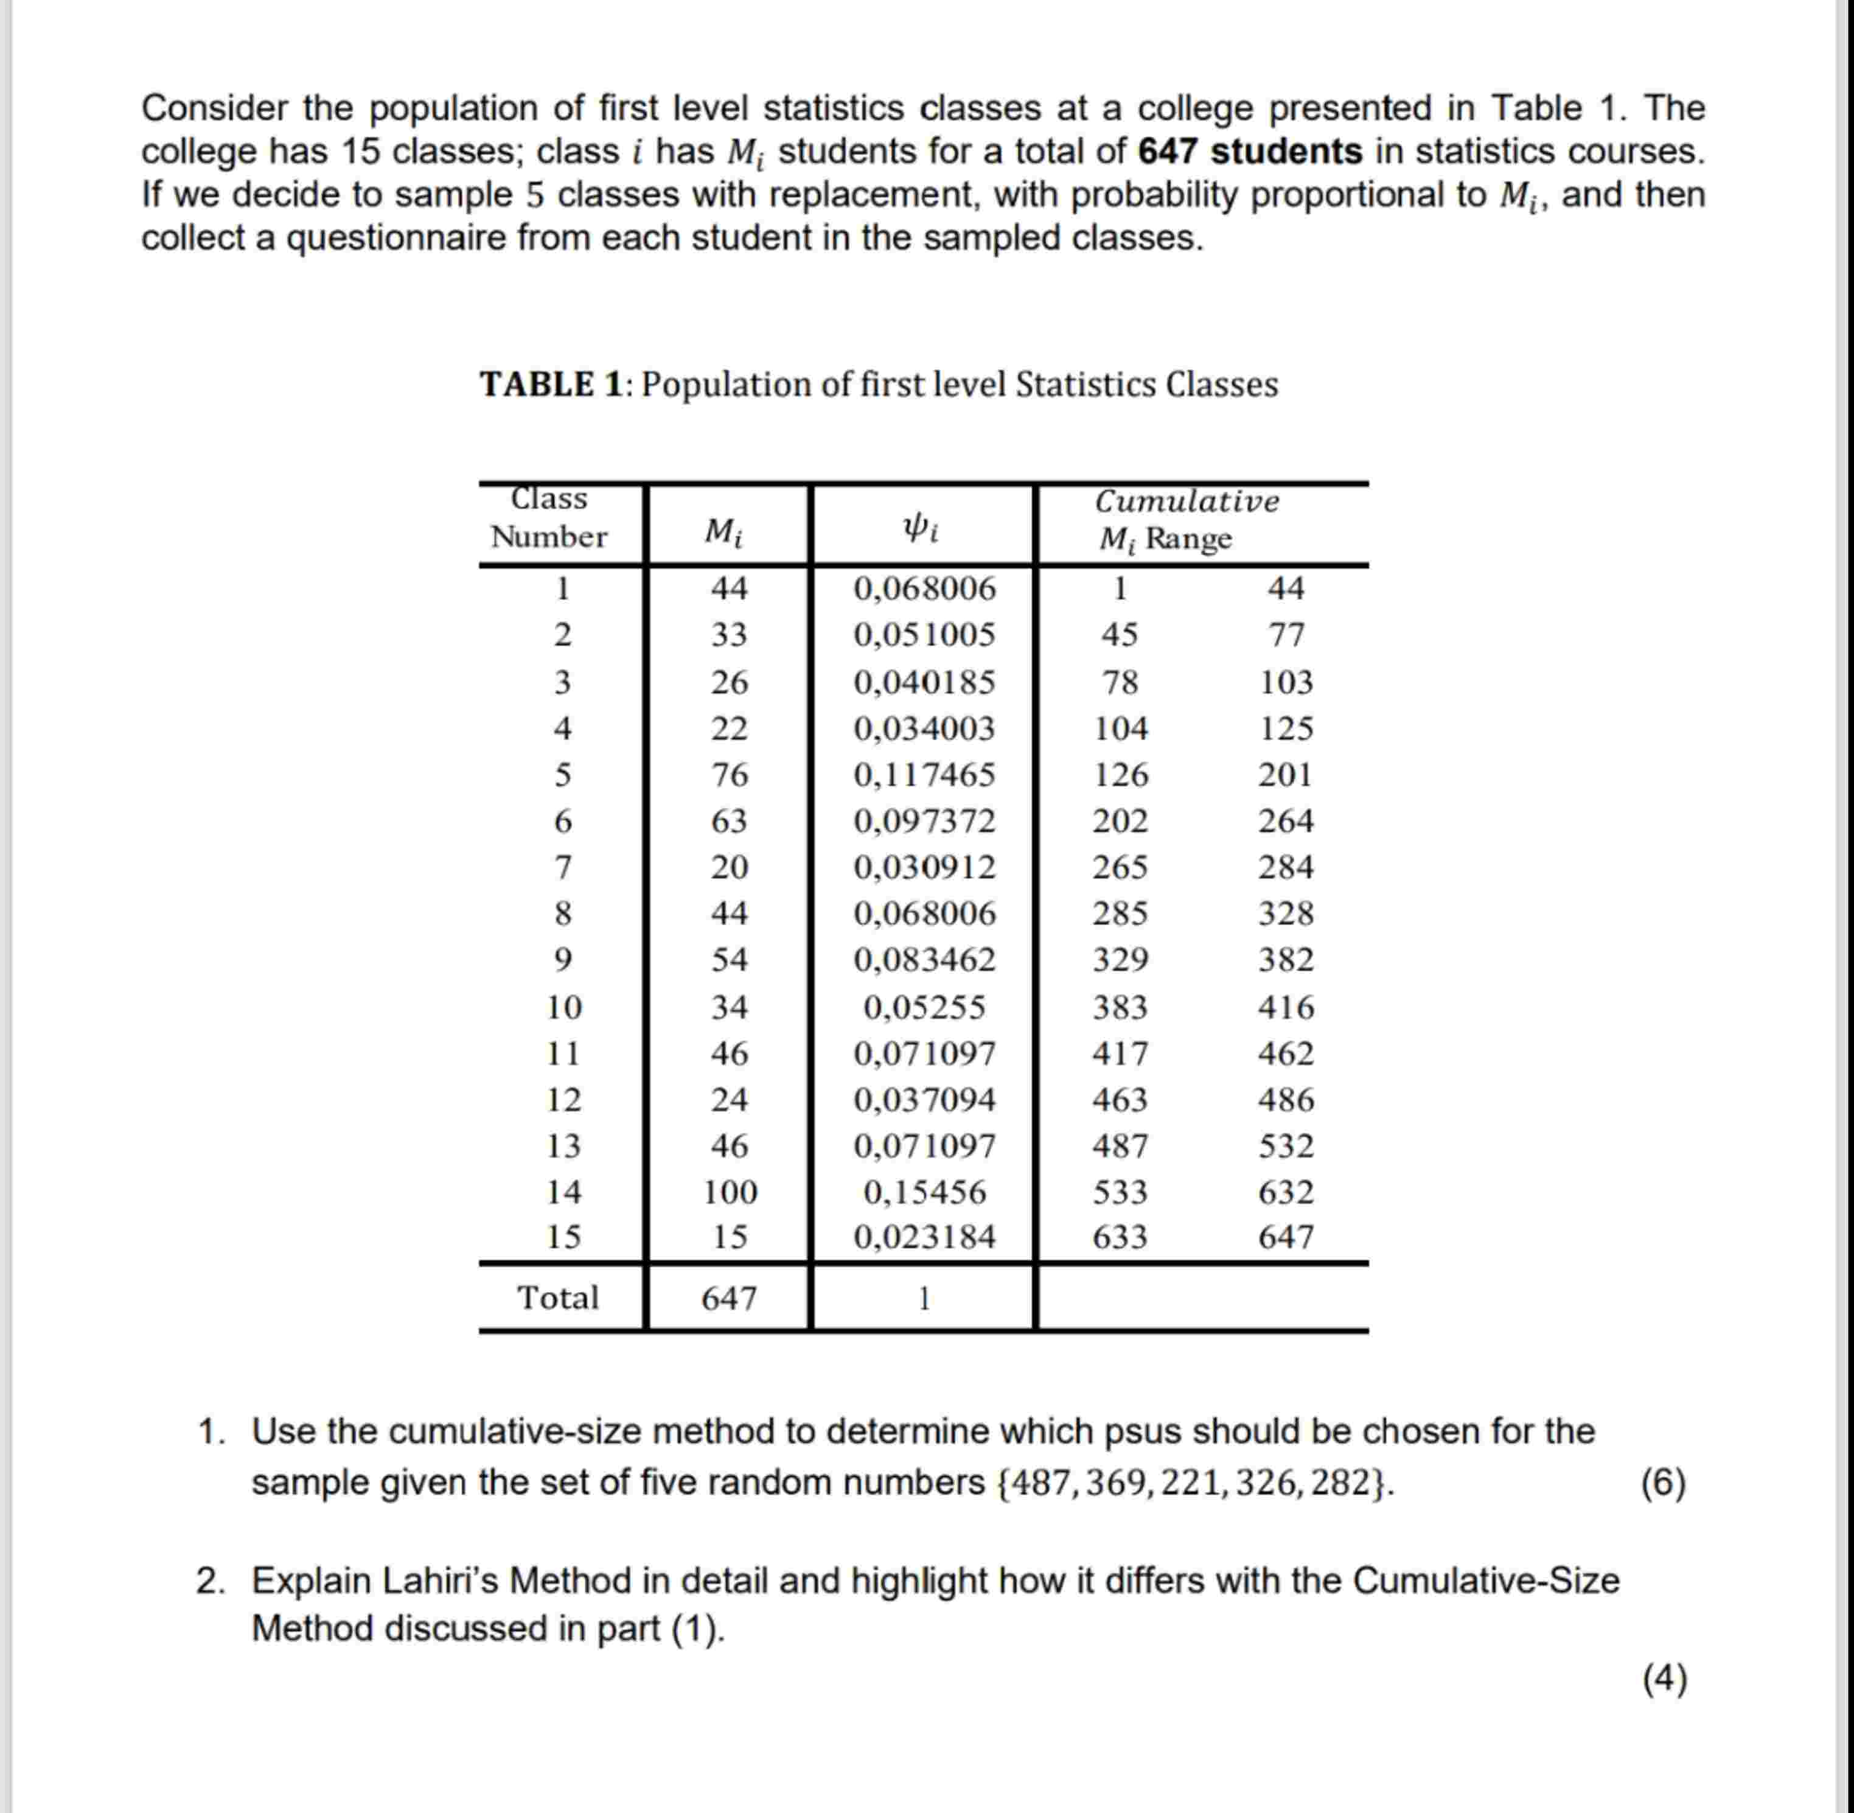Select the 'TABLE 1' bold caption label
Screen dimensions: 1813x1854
tap(551, 385)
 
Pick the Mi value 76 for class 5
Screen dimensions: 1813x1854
tap(730, 774)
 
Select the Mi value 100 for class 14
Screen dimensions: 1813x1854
tap(730, 1191)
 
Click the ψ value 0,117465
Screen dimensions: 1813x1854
tap(924, 774)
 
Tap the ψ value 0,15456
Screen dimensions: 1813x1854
tap(924, 1191)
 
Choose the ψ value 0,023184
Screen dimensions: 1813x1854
tap(924, 1237)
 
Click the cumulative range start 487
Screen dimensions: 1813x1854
tap(1120, 1145)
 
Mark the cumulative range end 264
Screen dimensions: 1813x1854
tap(1286, 821)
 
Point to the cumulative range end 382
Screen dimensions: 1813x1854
tap(1286, 959)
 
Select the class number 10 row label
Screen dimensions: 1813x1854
tap(563, 1007)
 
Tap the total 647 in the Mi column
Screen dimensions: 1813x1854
tap(730, 1298)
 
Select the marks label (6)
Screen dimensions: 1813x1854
tap(1662, 1483)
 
